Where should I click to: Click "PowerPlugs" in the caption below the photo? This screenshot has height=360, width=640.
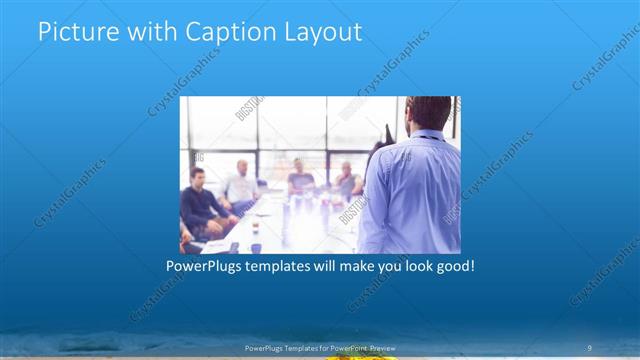coord(206,267)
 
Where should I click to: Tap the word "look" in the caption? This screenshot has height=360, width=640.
coord(410,267)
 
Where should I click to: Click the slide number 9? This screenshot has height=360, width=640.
coord(590,346)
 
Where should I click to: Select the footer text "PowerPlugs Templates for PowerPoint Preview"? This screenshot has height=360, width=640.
coord(319,347)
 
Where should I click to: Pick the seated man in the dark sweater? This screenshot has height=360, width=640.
coord(199,201)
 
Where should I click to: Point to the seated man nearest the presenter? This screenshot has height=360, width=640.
coord(346,180)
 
